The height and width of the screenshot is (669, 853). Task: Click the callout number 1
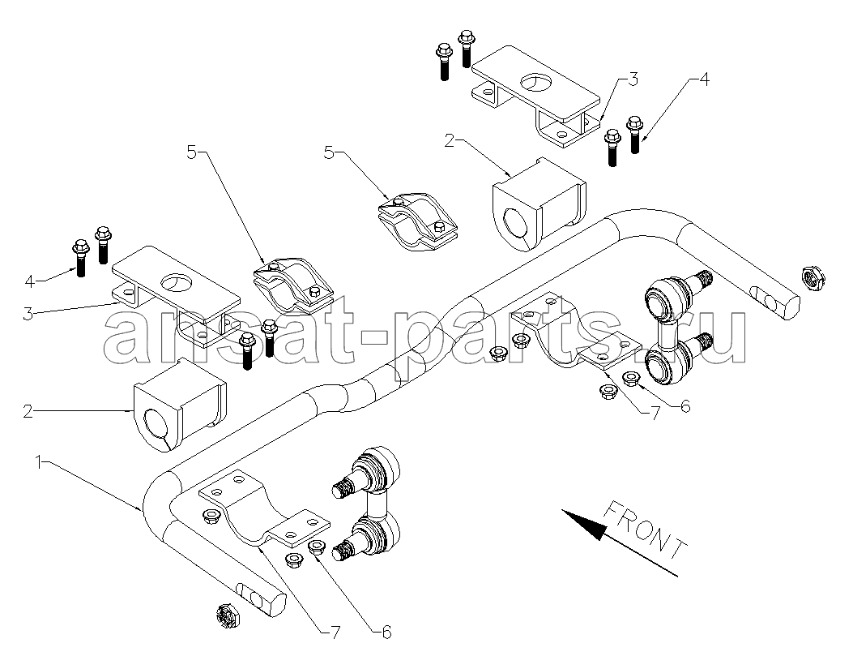38,461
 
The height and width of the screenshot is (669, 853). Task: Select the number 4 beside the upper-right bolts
703,79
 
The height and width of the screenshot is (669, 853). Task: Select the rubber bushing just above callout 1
178,403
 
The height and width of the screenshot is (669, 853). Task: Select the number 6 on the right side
685,405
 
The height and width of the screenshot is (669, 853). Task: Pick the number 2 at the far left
28,411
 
